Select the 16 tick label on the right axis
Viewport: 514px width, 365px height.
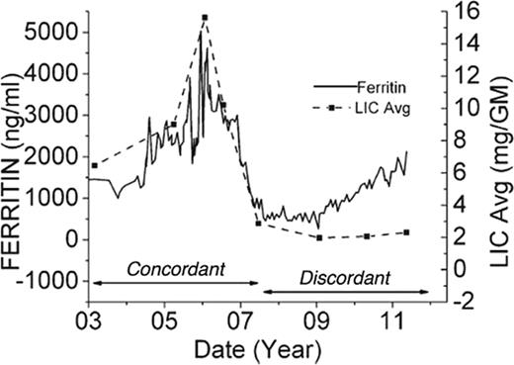(x=464, y=11)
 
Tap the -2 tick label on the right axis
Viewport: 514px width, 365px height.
(x=464, y=300)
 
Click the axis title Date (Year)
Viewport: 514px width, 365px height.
(x=256, y=349)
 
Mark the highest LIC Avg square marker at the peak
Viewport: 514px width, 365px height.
(x=204, y=18)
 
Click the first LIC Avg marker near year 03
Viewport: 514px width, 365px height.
(x=94, y=165)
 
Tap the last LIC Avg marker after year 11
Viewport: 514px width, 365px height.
(x=406, y=232)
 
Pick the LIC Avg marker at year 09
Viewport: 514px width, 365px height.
(x=319, y=237)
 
